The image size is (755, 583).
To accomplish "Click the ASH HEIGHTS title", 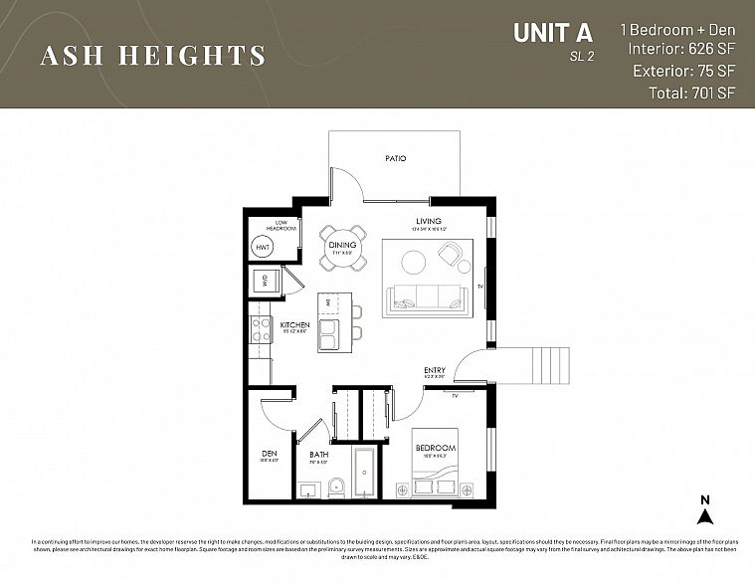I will (153, 56).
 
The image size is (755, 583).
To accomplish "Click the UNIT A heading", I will (553, 33).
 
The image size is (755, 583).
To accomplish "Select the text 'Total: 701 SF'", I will (685, 94).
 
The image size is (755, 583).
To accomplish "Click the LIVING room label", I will (429, 221).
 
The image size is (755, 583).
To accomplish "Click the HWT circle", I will (264, 247).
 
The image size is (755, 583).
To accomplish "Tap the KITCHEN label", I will (294, 325).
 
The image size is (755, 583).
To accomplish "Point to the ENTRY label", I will (435, 370).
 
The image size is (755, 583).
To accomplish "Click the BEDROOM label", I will (435, 449).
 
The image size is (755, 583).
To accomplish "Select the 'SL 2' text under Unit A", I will (582, 57).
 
